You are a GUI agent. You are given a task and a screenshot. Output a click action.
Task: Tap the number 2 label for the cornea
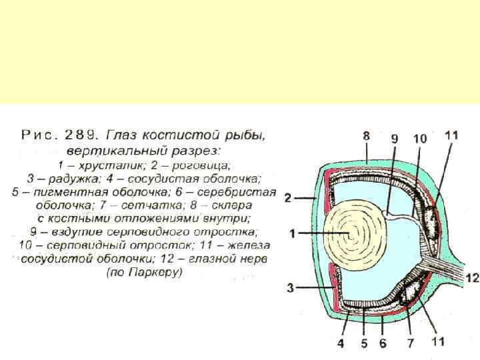[x=288, y=198]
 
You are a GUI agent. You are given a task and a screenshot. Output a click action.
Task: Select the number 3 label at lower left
[x=291, y=288]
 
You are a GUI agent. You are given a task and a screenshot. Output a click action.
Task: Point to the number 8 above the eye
[x=366, y=135]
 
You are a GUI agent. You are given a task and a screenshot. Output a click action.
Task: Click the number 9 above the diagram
[x=395, y=139]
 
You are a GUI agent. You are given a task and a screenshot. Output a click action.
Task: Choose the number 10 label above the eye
[x=420, y=139]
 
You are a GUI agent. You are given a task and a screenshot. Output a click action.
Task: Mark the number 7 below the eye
[x=411, y=344]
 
